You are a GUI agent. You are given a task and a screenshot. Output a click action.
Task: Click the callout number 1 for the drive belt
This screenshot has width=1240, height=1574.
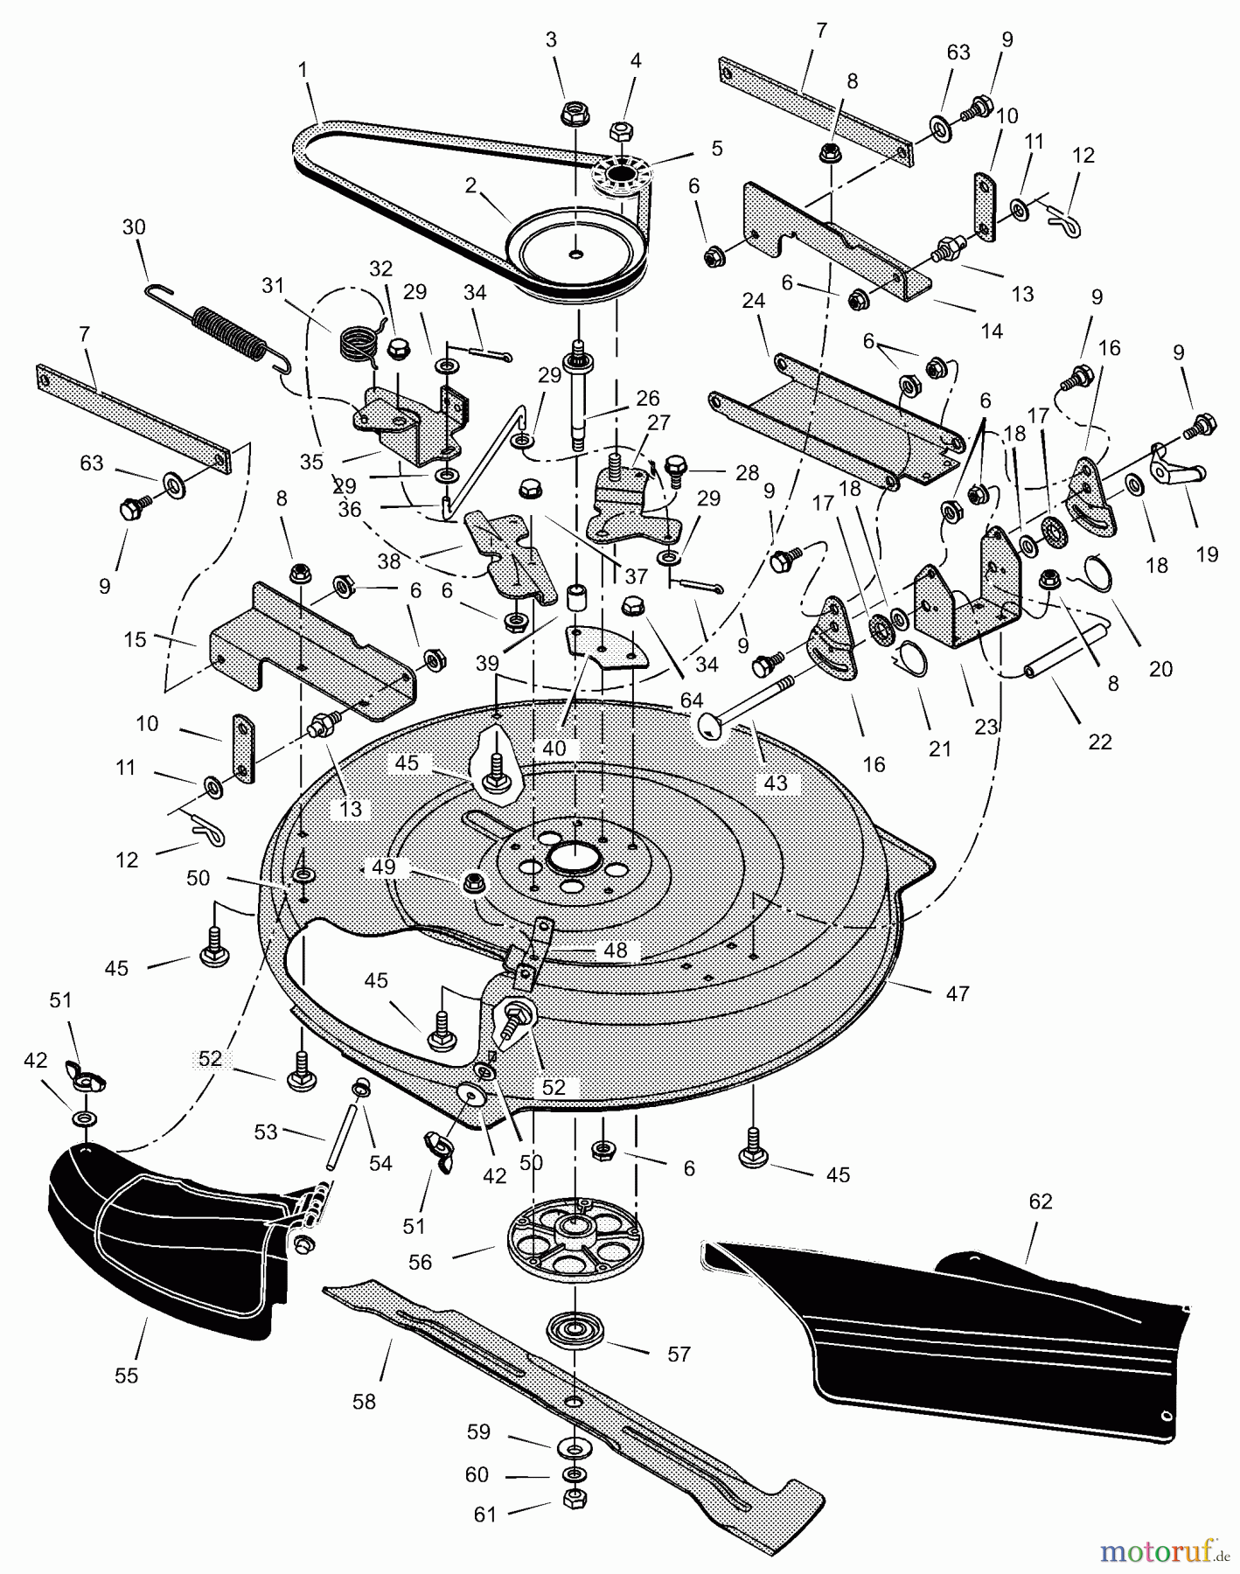click(303, 70)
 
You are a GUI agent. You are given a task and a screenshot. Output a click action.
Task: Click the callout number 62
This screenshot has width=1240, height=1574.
click(1040, 1201)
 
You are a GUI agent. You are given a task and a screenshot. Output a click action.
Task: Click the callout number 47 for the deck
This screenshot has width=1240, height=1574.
click(958, 993)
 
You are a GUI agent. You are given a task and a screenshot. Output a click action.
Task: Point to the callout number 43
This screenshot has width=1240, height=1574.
click(776, 783)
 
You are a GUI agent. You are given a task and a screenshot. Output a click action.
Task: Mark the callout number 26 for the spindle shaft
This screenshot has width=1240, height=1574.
click(648, 399)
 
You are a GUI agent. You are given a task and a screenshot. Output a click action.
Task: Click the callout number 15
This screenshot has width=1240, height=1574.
click(135, 639)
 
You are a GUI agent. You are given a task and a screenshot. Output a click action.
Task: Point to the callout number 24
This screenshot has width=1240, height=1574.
click(754, 302)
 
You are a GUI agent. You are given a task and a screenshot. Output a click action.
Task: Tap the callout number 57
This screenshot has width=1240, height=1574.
click(679, 1354)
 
